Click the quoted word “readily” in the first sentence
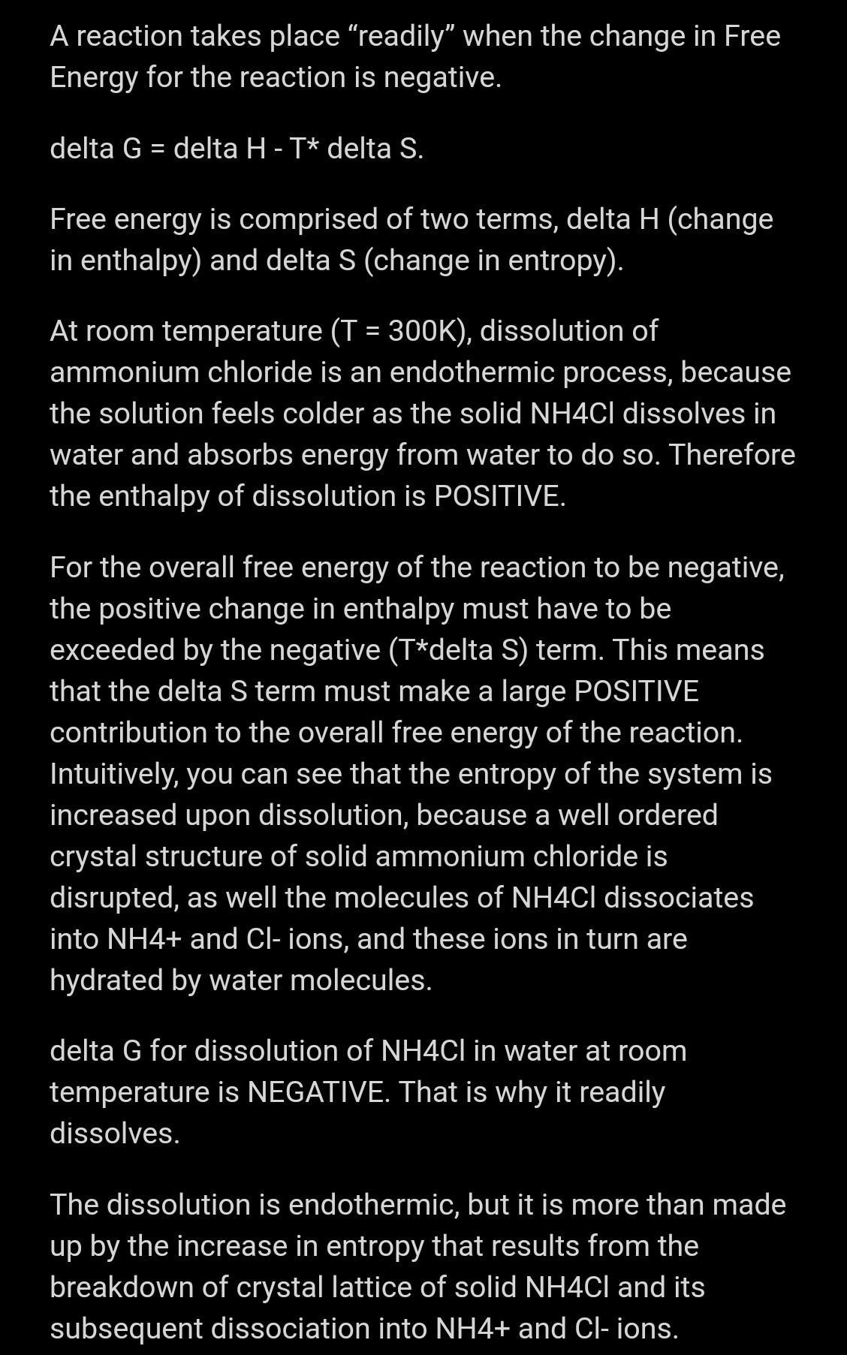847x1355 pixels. [401, 37]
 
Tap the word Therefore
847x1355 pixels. [731, 455]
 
